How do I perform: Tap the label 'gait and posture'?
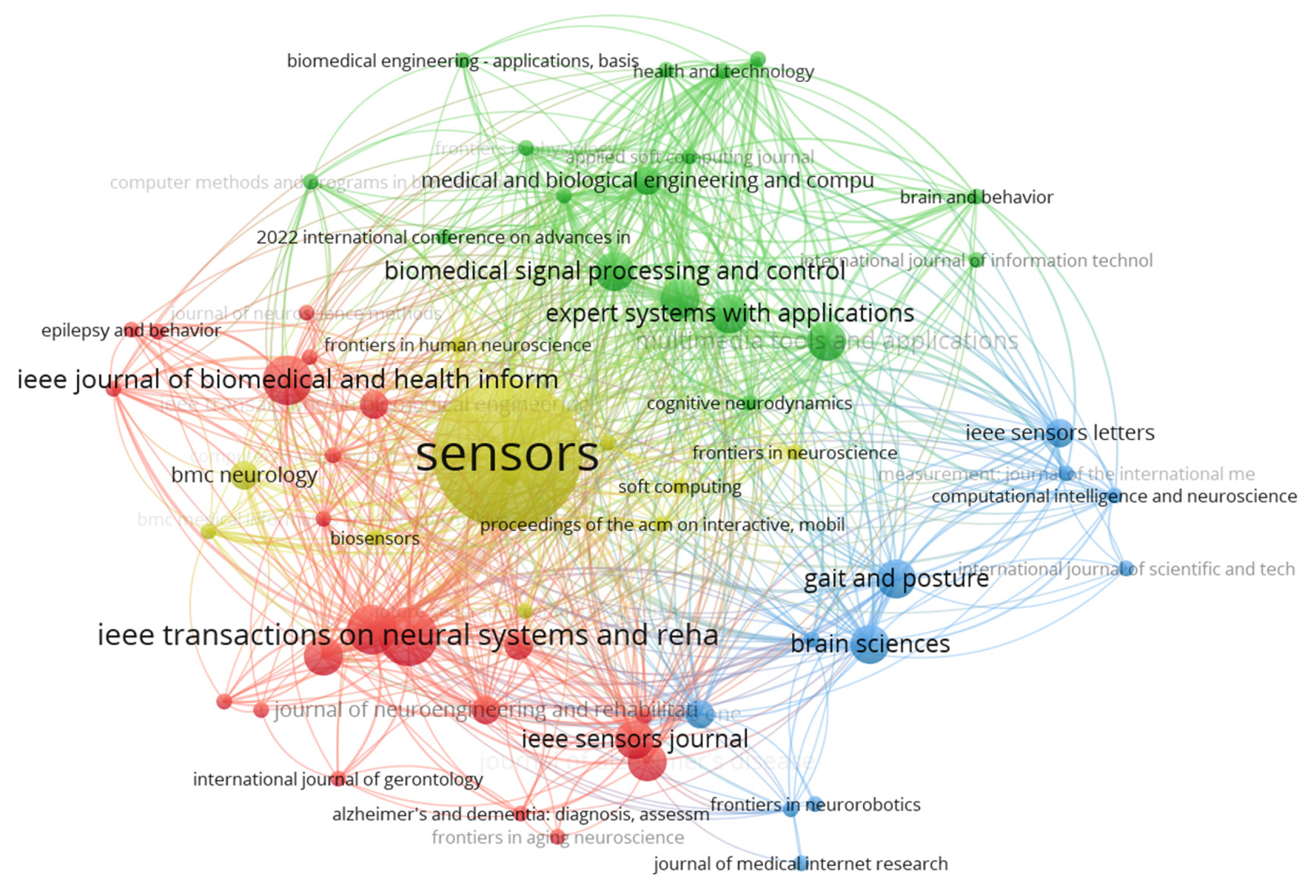(895, 579)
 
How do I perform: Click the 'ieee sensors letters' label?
(1059, 433)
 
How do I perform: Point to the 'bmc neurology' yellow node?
(244, 474)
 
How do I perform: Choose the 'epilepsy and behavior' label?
(131, 330)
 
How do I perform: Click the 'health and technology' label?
(724, 71)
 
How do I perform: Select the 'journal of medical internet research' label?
(800, 864)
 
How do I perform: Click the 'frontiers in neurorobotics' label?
(815, 804)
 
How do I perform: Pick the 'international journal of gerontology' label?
(338, 780)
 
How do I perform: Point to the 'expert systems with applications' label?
(729, 313)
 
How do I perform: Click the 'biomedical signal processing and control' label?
(614, 271)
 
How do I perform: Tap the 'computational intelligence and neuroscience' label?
(1113, 496)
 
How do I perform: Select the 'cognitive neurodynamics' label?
(749, 404)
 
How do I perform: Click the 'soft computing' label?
(680, 487)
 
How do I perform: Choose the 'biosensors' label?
(374, 539)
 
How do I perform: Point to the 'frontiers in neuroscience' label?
(794, 452)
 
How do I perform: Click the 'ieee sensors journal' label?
(635, 739)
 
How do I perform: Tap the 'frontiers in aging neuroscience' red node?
(558, 837)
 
